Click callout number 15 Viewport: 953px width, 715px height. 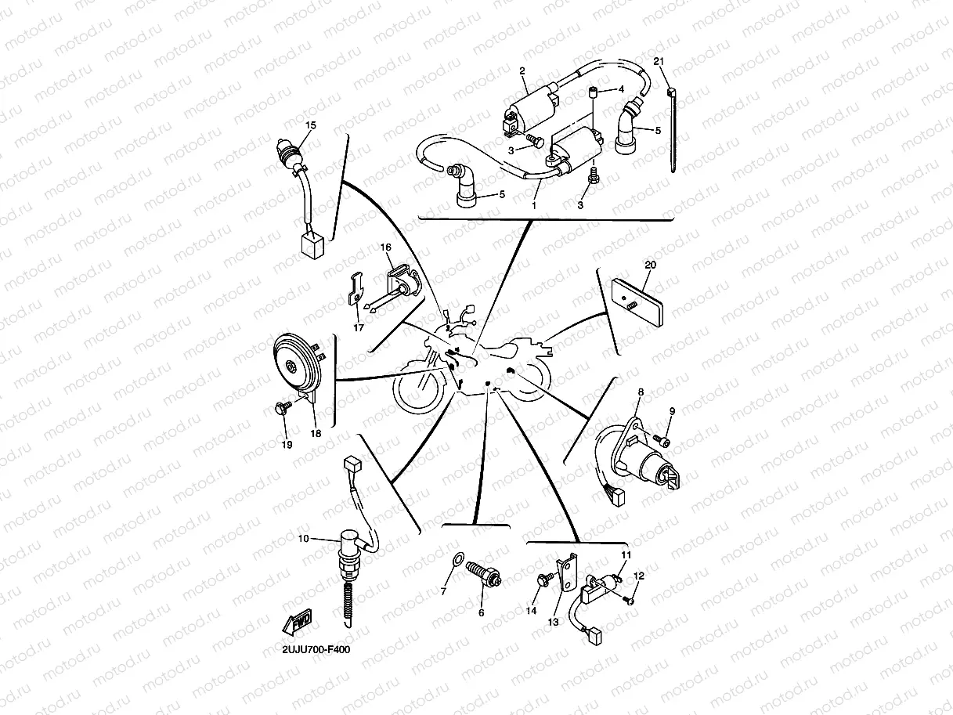311,125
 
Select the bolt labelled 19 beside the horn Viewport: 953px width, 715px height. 283,407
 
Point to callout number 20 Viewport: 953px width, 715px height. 648,265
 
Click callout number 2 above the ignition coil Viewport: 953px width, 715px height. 522,70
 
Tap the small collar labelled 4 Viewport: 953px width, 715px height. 594,94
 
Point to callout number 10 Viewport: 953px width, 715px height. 304,538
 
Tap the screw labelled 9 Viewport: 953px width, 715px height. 665,443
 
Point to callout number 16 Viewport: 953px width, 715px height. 386,247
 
